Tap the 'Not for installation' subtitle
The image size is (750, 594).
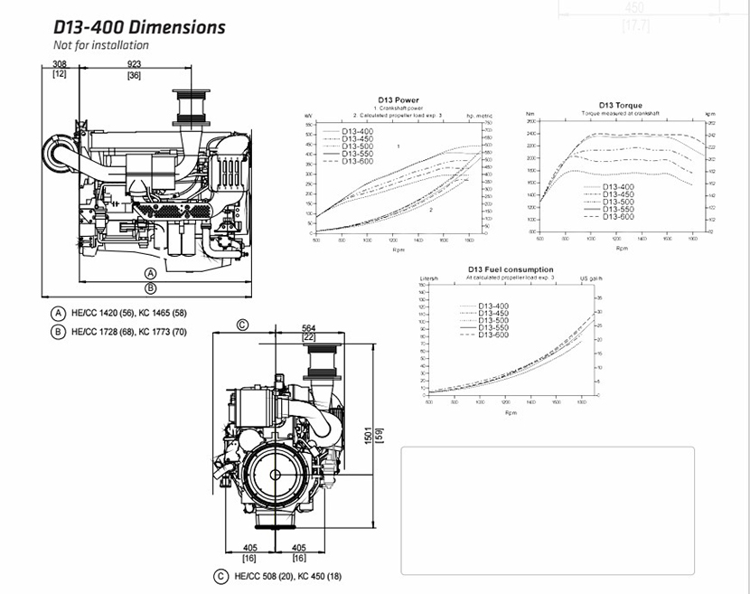tap(101, 45)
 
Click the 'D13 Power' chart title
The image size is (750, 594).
tap(398, 99)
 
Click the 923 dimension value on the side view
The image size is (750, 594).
tap(134, 64)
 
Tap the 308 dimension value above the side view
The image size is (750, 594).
tap(60, 64)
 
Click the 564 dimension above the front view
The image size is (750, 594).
tap(309, 328)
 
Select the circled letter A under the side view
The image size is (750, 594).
tap(151, 272)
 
